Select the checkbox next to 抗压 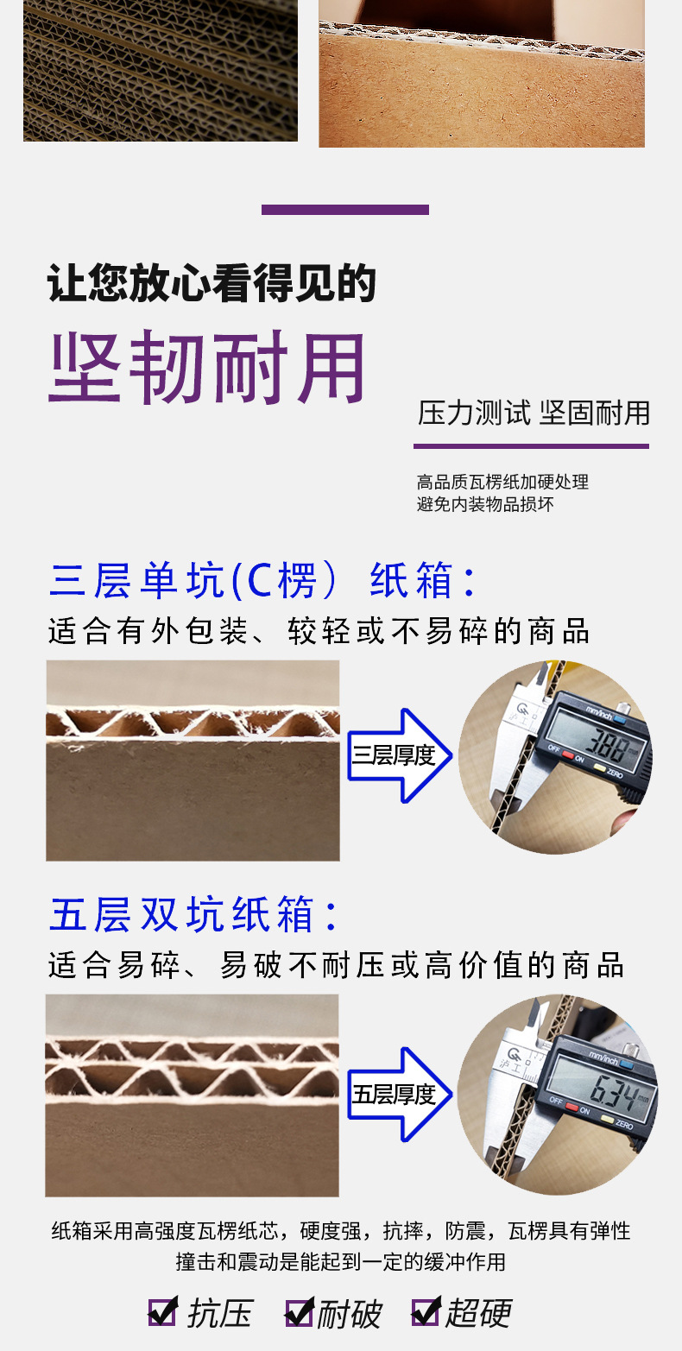pos(162,1312)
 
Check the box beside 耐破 pos(299,1313)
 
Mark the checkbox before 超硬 pos(426,1312)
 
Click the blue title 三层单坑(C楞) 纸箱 pos(262,581)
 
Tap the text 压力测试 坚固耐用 pos(533,413)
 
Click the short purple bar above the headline pos(344,210)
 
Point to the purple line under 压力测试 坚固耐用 pos(531,446)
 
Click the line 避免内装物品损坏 pos(484,504)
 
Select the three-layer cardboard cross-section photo pos(193,761)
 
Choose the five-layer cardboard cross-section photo pos(192,1095)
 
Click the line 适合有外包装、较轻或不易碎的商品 pos(319,631)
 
